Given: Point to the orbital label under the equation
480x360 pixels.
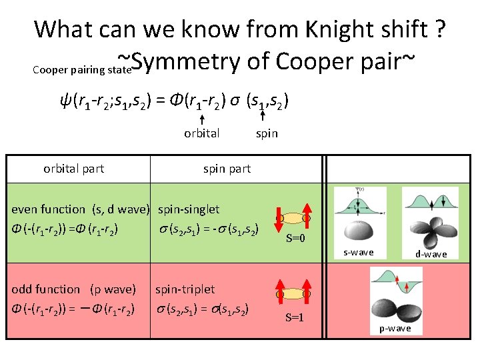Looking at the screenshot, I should tap(201, 133).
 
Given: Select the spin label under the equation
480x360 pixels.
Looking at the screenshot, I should tap(267, 133).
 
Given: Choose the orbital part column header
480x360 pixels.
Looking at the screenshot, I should tap(73, 169).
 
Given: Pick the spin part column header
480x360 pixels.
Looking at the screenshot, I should tap(227, 169).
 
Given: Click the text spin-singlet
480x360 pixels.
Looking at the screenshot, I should tap(189, 209).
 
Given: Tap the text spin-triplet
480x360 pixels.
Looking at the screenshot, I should tap(185, 289).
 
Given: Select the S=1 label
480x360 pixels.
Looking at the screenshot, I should tap(295, 317).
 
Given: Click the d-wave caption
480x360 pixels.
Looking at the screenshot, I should tap(431, 254).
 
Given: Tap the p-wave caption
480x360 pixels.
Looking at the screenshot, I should tap(395, 329).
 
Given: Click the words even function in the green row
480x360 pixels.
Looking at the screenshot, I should tap(49, 209).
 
